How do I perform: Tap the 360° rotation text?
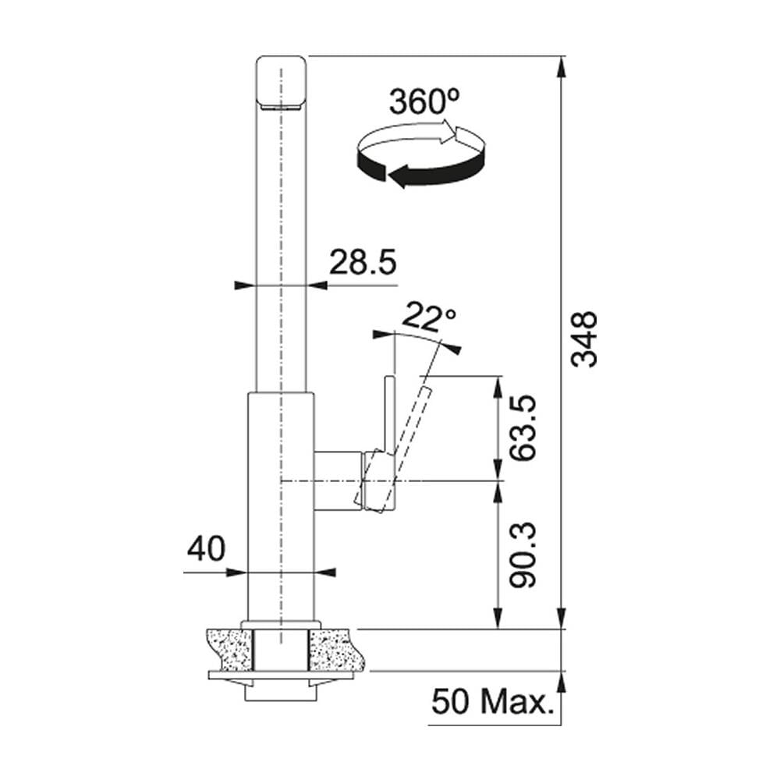click(424, 101)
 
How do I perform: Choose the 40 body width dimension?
click(207, 549)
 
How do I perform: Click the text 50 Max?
click(492, 702)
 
